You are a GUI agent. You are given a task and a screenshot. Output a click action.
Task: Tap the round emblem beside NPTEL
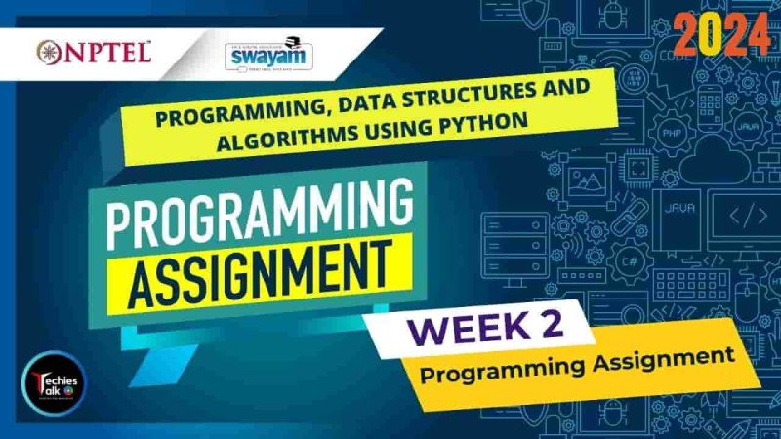48,51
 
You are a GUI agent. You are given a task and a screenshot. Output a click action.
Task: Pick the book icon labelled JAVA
679,210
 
